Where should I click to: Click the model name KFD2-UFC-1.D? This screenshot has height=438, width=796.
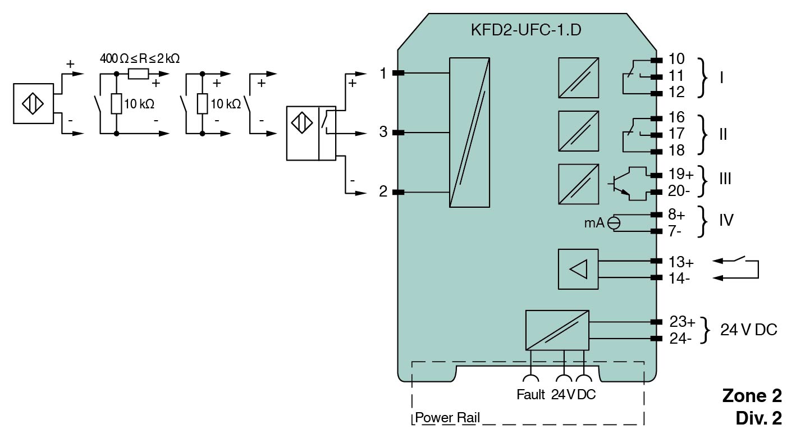[526, 30]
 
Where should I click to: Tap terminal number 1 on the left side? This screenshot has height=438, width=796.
[383, 73]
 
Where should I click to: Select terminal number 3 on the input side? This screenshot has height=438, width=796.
[383, 132]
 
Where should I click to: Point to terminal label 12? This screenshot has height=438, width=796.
[676, 93]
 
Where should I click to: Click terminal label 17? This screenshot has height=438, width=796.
[676, 134]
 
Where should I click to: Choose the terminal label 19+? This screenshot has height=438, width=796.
[681, 174]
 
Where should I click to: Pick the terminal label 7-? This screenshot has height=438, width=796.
[675, 231]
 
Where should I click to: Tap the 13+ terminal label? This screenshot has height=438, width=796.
[681, 262]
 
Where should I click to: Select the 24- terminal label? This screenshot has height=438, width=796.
[680, 339]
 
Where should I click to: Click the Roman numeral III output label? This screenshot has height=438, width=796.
[725, 179]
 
